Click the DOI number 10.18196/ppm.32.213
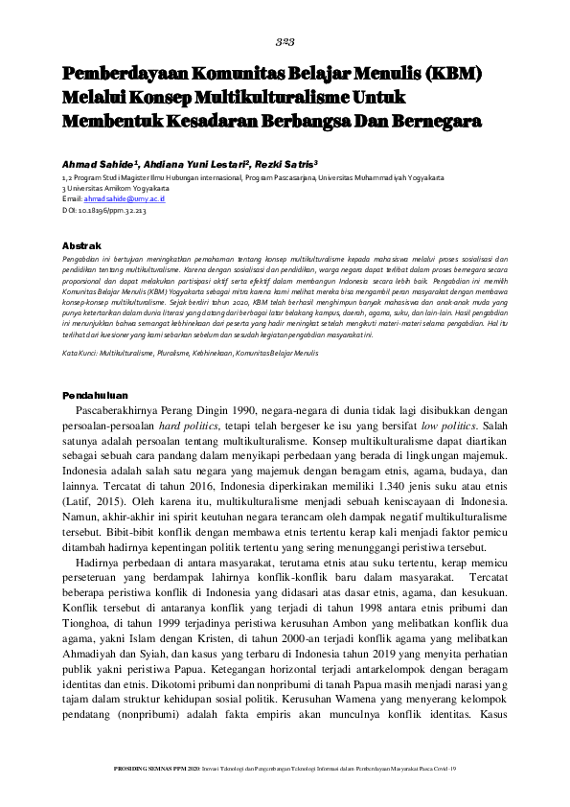[114, 209]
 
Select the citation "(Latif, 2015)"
[96, 526]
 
